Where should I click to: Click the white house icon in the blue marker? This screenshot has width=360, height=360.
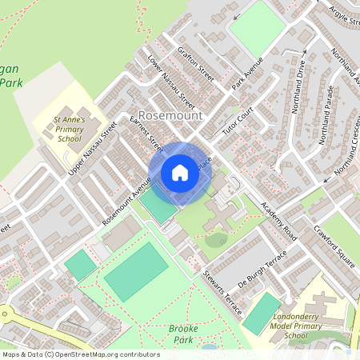click(179, 173)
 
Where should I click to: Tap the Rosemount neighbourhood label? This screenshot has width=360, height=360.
click(170, 115)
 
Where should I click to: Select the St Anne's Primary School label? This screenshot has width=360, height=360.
click(69, 128)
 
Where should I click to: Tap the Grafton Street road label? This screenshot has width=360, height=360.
click(196, 66)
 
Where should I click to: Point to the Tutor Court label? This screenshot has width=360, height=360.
click(238, 121)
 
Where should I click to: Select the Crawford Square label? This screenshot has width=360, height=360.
click(334, 239)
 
